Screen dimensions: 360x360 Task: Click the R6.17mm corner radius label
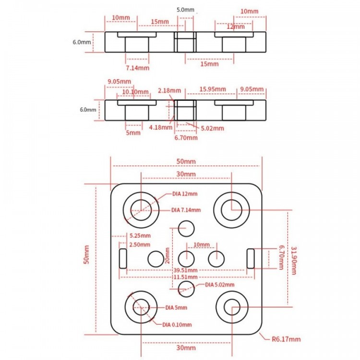pyautogui.click(x=286, y=339)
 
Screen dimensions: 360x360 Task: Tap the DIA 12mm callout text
pyautogui.click(x=185, y=194)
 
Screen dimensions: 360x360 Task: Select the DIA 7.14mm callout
pyautogui.click(x=186, y=210)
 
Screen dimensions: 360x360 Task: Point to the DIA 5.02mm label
pyautogui.click(x=220, y=285)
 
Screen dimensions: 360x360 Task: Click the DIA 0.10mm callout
pyautogui.click(x=177, y=324)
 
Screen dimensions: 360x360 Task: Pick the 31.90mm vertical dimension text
pyautogui.click(x=294, y=261)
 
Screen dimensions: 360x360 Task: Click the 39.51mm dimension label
pyautogui.click(x=185, y=270)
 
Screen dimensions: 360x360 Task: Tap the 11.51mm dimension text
pyautogui.click(x=185, y=277)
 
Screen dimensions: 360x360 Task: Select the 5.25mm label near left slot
pyautogui.click(x=140, y=236)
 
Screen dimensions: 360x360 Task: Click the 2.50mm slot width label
pyautogui.click(x=140, y=244)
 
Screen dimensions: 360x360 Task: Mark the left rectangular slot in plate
pyautogui.click(x=123, y=259)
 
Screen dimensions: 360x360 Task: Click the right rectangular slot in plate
pyautogui.click(x=251, y=259)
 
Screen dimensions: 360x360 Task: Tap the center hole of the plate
pyautogui.click(x=186, y=259)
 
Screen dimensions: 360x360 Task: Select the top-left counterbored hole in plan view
pyautogui.click(x=141, y=210)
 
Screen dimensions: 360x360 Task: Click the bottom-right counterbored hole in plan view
pyautogui.click(x=232, y=307)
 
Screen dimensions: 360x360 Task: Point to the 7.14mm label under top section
pyautogui.click(x=138, y=68)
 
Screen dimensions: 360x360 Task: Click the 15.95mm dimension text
pyautogui.click(x=213, y=89)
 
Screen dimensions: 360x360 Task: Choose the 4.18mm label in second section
pyautogui.click(x=161, y=127)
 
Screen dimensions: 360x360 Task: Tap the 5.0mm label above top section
pyautogui.click(x=185, y=10)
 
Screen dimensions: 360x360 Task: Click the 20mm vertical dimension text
pyautogui.click(x=168, y=255)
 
